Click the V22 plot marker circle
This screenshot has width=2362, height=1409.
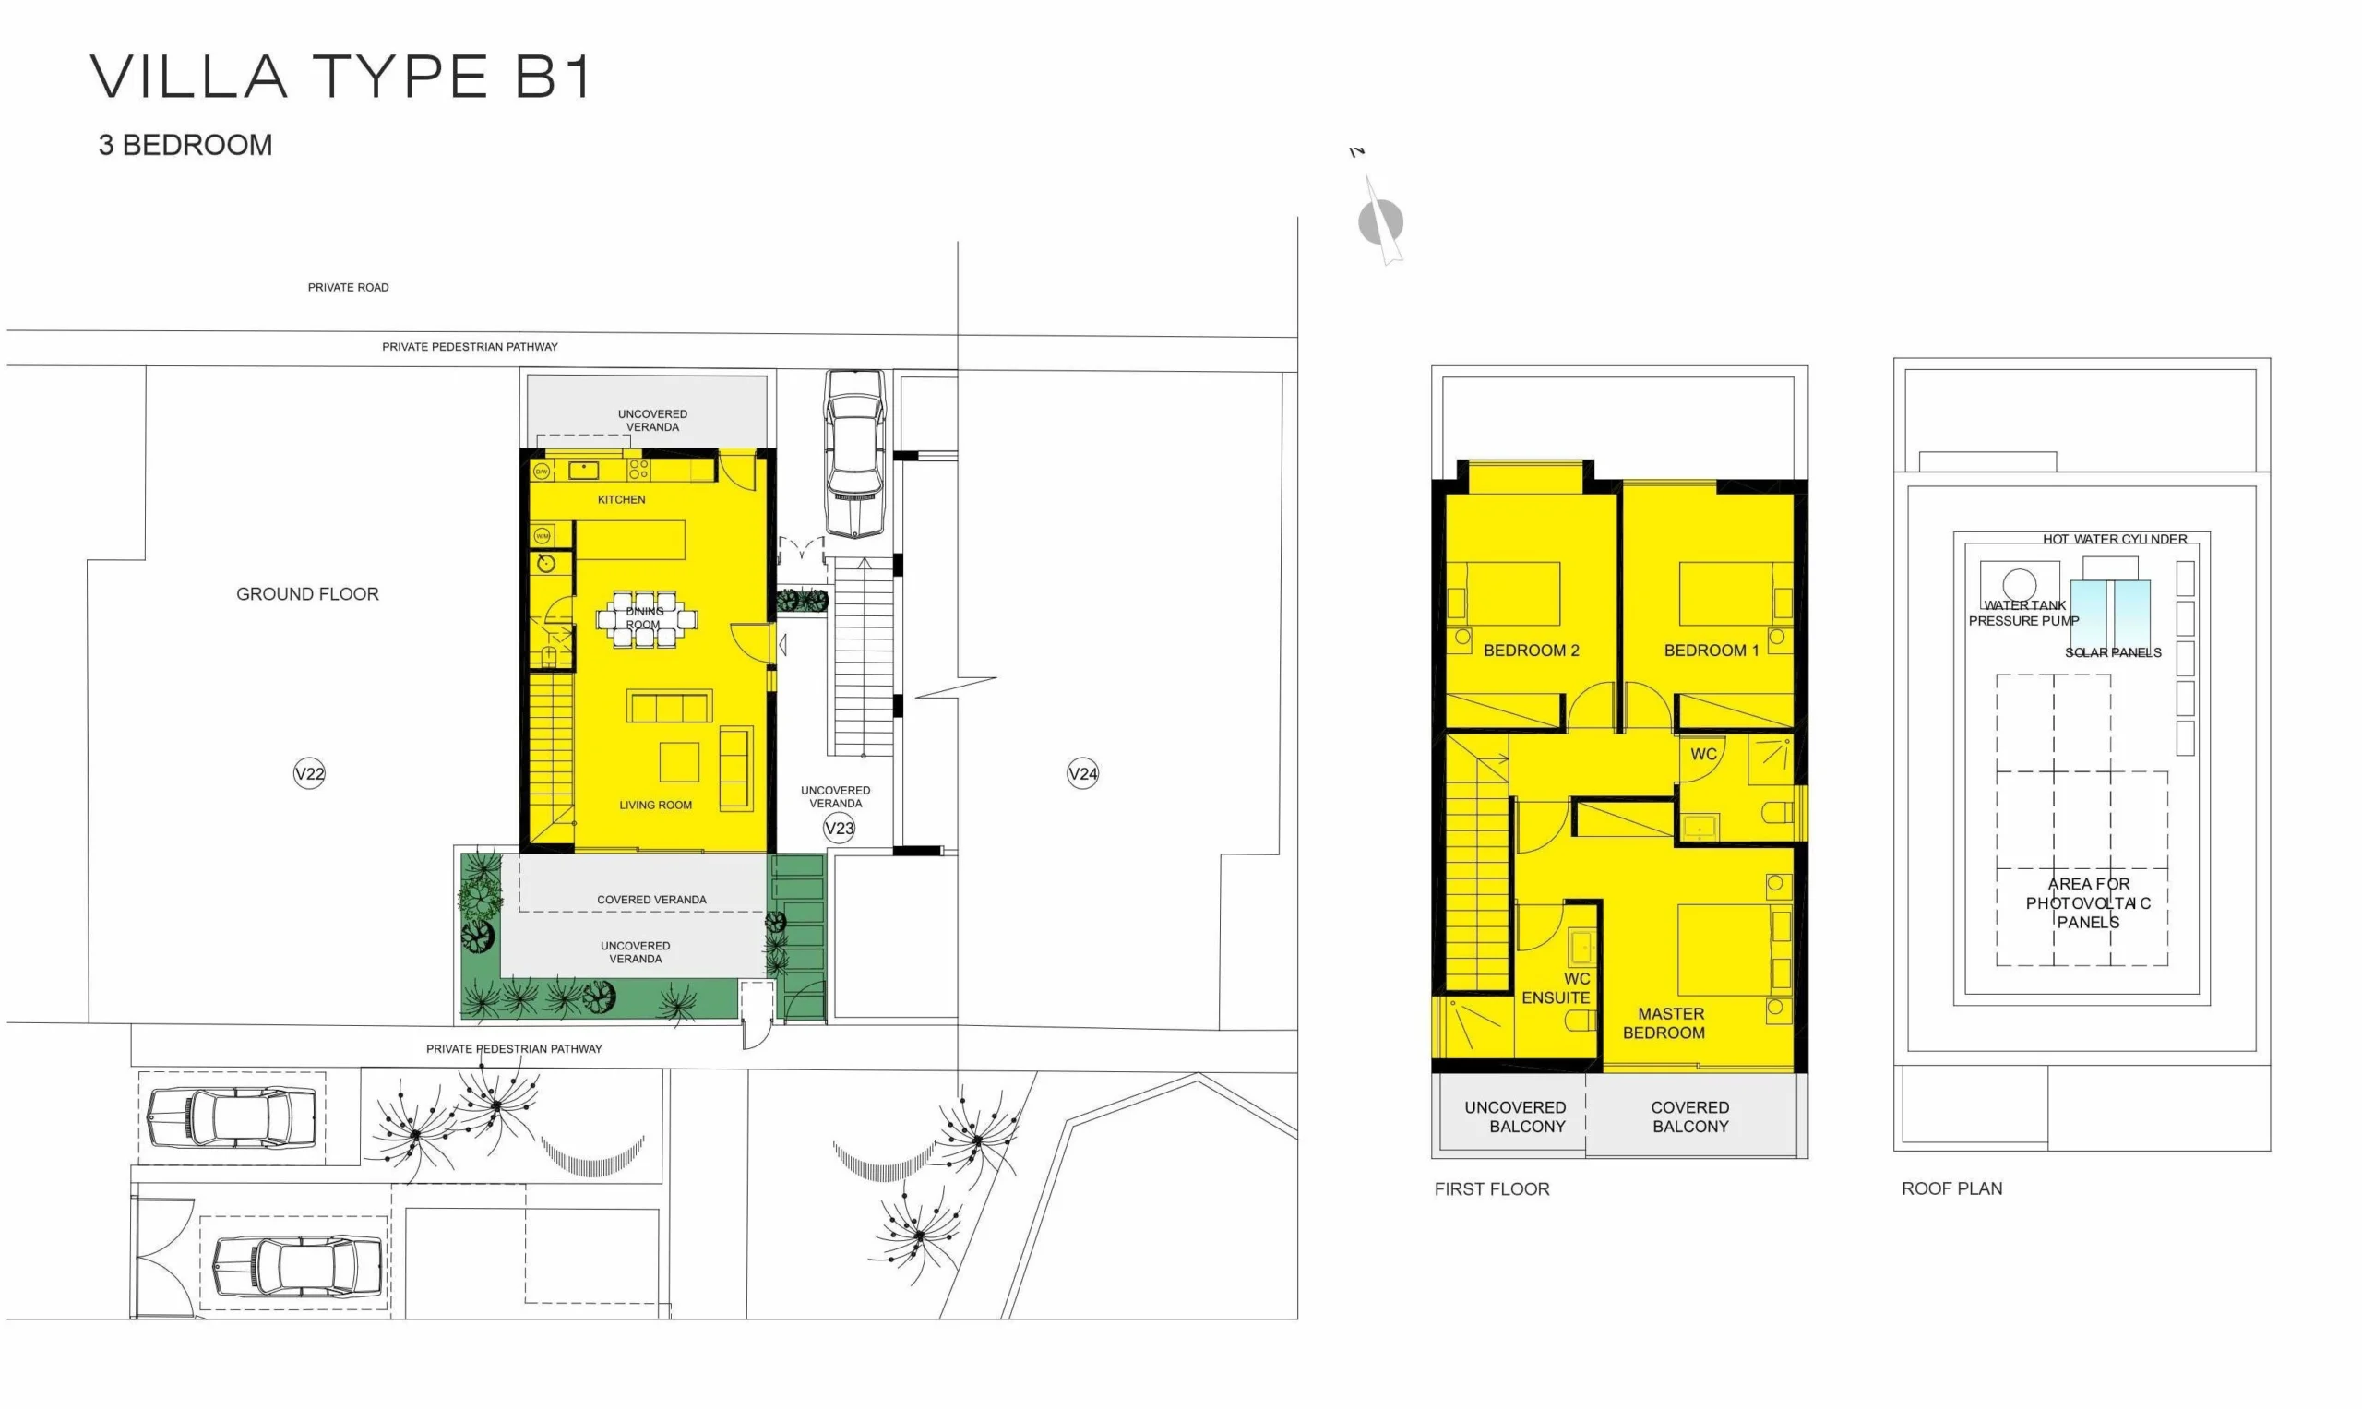tap(309, 773)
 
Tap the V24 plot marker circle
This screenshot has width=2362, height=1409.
tap(1082, 773)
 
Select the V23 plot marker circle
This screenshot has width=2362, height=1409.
tap(840, 828)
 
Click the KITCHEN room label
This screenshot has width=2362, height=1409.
tap(621, 499)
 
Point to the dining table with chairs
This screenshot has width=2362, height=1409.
tap(646, 619)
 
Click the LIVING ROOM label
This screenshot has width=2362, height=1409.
tap(655, 806)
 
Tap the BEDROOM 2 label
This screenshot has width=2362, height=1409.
tap(1532, 651)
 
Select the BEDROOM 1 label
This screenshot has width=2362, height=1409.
tap(1712, 651)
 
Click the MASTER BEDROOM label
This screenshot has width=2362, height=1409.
tap(1664, 1022)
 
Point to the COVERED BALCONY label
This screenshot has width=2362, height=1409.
tap(1690, 1116)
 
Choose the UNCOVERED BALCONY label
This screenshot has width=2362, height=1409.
tap(1515, 1116)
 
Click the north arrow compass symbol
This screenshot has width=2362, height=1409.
tap(1379, 221)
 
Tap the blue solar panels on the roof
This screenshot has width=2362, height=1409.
tap(2109, 614)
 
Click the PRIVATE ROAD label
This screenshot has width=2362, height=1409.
tap(349, 287)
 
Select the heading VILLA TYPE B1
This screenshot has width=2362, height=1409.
tap(341, 77)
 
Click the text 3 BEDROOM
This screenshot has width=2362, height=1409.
tap(185, 145)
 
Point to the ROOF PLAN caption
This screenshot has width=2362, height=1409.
tap(1951, 1188)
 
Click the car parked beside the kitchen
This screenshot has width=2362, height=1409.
tap(855, 454)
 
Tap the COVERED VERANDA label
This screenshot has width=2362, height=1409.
tap(651, 899)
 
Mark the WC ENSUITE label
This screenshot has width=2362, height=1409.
tap(1556, 987)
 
